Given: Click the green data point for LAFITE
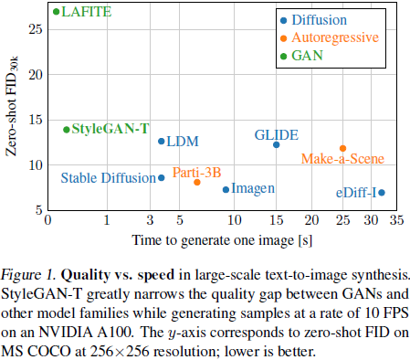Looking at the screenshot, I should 57,12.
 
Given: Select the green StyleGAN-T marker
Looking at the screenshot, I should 66,130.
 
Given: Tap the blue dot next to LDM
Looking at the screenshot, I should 162,141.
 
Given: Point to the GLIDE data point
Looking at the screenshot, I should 276,144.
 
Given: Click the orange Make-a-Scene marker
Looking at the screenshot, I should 342,148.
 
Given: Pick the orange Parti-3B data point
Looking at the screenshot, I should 197,182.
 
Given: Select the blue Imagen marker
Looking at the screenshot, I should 226,189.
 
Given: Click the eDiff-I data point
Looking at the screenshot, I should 382,192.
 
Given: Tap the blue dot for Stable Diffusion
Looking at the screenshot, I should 162,178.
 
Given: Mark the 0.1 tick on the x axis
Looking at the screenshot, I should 53,221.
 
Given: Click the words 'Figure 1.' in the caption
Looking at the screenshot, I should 28,273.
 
